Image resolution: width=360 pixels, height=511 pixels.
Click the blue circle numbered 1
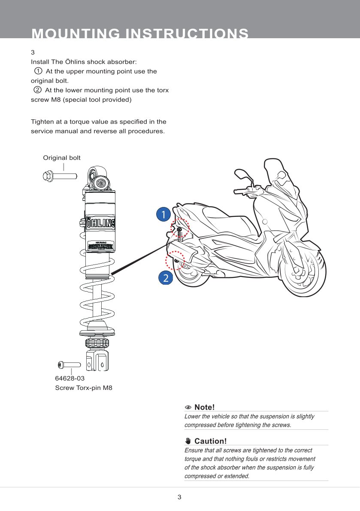tap(163, 214)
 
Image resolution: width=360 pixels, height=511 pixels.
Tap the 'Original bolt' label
tap(62, 158)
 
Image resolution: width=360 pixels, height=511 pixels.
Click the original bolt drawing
tap(60, 176)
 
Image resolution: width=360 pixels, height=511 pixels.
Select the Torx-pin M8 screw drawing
tap(69, 365)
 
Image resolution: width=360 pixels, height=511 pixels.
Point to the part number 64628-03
tap(70, 379)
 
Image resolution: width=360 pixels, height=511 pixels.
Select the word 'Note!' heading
tap(204, 407)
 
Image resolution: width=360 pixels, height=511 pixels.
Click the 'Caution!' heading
tap(210, 441)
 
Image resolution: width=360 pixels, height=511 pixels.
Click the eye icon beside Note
tap(188, 408)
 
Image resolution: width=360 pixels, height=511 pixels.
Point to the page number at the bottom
tap(180, 497)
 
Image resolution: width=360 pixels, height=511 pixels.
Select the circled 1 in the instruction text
tap(38, 71)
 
